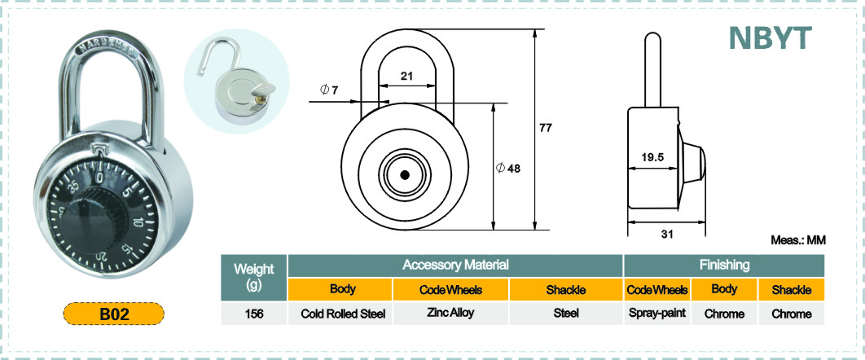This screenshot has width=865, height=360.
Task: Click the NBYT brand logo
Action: tap(770, 37)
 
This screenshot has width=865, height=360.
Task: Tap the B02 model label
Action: tap(114, 314)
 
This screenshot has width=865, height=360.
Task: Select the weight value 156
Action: tap(254, 314)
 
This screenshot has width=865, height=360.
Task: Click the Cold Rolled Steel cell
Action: tap(343, 314)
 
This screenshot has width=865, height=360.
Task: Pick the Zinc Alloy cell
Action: tap(450, 313)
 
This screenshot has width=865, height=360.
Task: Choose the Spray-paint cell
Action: tap(657, 313)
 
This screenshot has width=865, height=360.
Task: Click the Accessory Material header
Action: tap(455, 265)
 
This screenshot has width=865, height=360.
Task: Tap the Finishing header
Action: tap(724, 265)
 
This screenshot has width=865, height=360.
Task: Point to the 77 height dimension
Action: tap(545, 129)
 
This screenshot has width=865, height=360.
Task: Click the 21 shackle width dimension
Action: tap(406, 76)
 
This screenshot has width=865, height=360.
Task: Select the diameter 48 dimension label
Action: tap(508, 168)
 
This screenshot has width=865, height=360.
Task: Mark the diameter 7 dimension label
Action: tap(329, 90)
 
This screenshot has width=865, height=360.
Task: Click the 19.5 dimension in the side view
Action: tap(652, 156)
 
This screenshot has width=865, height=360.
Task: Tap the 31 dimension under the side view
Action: tap(667, 235)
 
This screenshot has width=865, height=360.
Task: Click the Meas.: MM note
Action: tap(797, 240)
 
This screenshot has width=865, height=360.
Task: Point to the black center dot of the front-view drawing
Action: tap(404, 175)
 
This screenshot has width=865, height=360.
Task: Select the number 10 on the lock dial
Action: tap(138, 222)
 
